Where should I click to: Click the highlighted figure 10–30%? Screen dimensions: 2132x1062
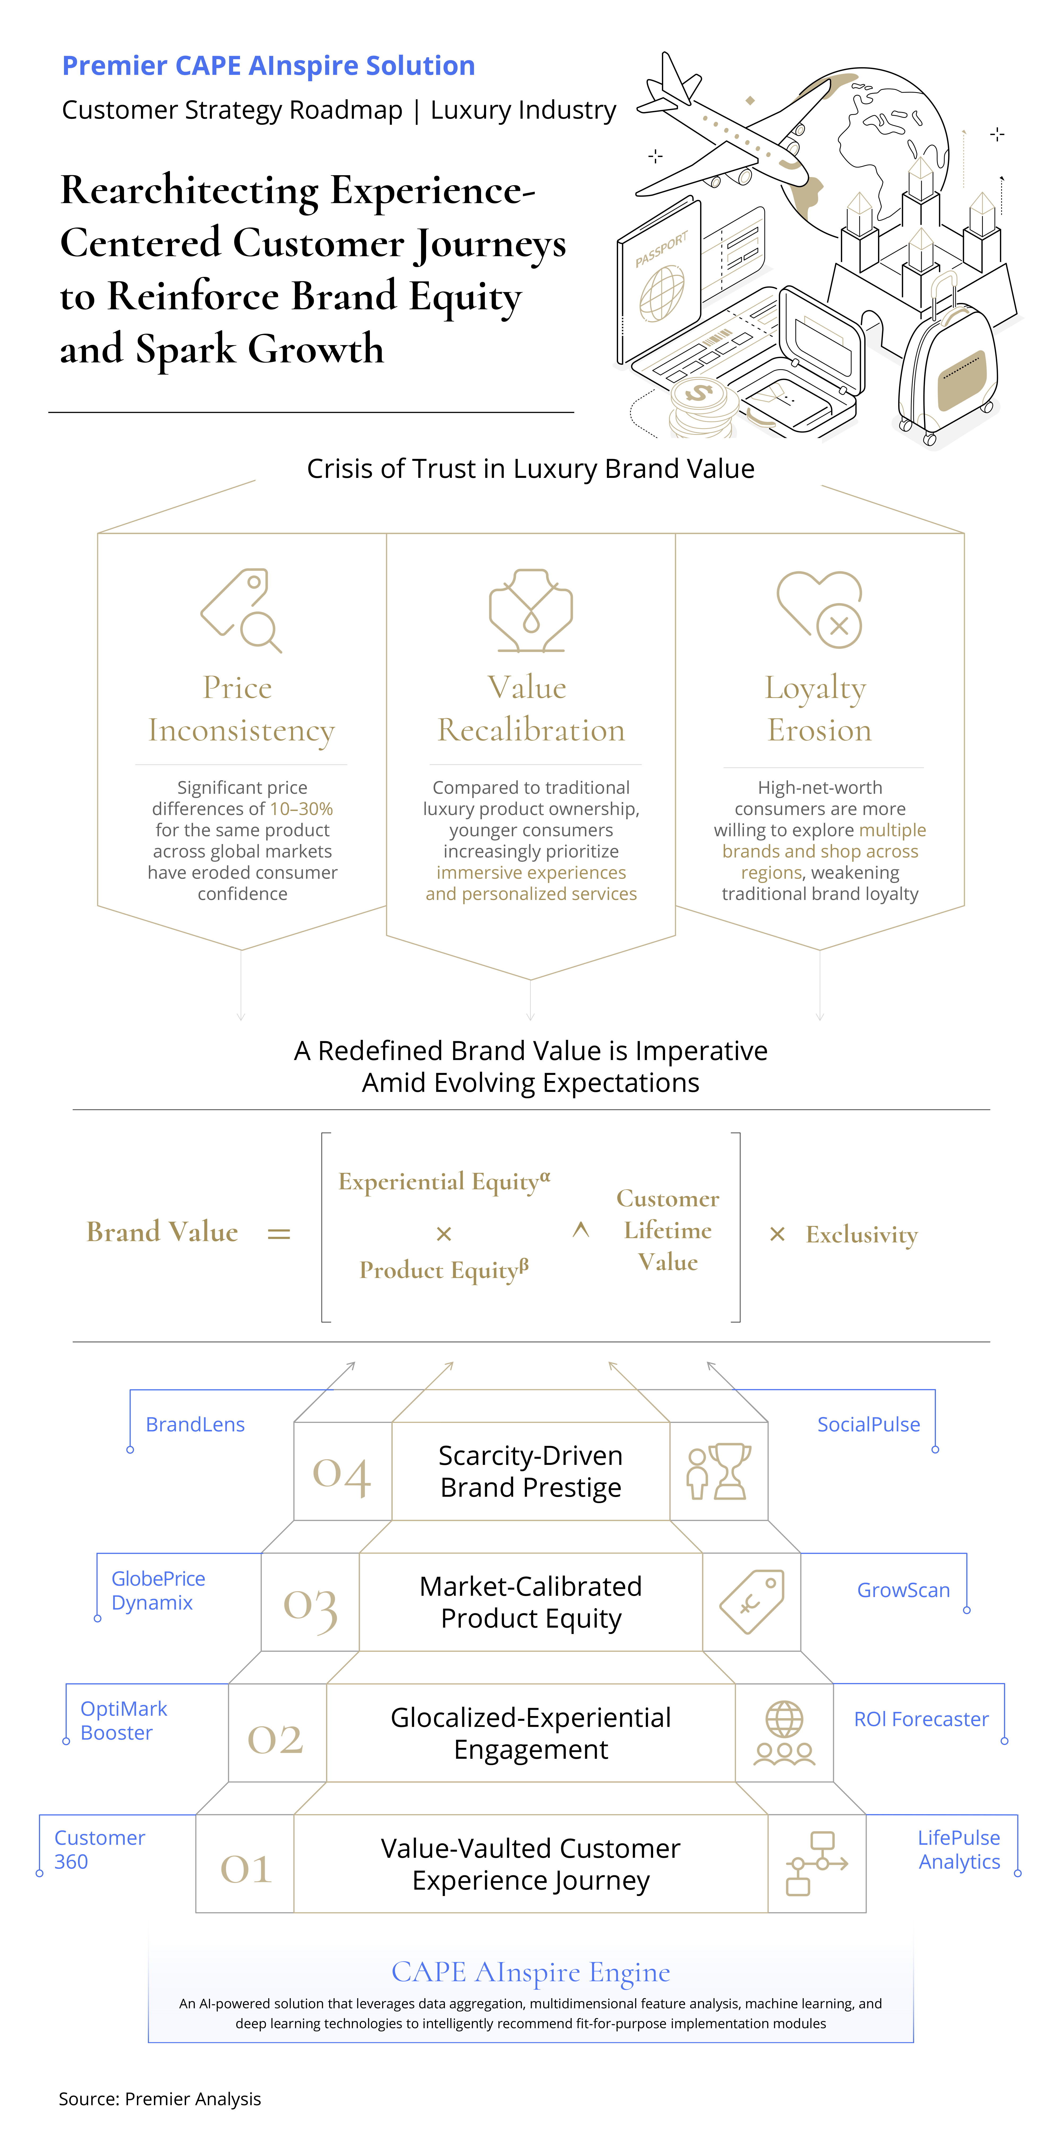(x=301, y=809)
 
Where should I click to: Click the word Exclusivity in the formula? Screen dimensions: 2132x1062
(x=862, y=1235)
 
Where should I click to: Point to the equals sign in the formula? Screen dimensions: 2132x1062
(x=279, y=1234)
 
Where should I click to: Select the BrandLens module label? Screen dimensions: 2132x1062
(x=195, y=1424)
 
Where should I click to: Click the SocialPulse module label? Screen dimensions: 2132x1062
(x=868, y=1424)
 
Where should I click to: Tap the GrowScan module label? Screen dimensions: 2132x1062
(x=903, y=1590)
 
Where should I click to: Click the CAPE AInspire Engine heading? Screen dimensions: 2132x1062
(x=530, y=1972)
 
